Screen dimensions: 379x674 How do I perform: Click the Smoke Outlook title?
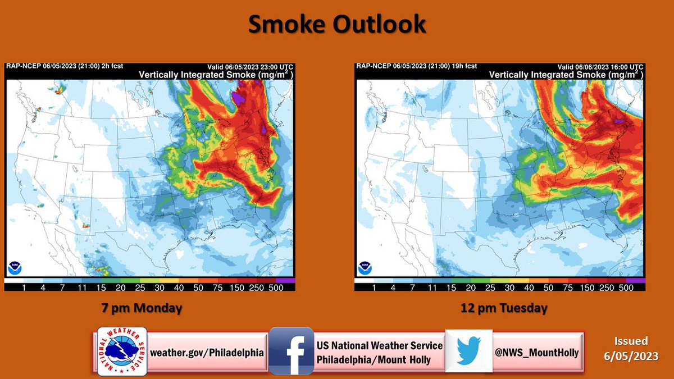(337, 25)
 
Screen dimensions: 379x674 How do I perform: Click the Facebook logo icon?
(290, 351)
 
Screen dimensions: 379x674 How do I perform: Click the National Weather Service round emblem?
(122, 351)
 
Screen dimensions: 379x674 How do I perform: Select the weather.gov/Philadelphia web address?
(207, 353)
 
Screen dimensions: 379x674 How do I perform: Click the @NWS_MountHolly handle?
(537, 353)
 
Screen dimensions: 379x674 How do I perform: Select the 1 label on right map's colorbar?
(375, 287)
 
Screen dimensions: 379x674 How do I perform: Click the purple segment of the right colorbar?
(635, 280)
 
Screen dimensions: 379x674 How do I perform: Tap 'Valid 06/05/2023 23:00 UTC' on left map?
(250, 66)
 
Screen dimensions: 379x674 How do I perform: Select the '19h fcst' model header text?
(467, 66)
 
